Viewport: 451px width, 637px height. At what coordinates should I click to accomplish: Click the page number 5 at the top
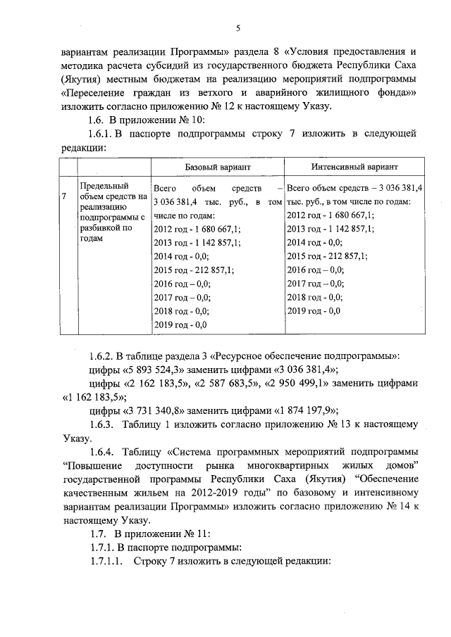tap(238, 28)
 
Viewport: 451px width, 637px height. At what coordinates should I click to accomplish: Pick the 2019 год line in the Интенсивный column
tap(314, 310)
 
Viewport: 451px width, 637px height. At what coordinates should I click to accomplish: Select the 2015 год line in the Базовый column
tap(194, 270)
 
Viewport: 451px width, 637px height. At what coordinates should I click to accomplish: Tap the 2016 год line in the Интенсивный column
tap(316, 270)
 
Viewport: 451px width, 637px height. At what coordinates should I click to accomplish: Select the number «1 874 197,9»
tap(302, 411)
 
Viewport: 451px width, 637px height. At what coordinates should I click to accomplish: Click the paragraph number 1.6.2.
tap(101, 356)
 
